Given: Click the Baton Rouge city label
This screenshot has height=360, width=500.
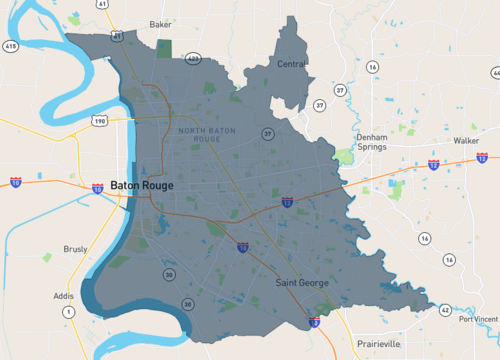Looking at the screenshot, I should tap(142, 186).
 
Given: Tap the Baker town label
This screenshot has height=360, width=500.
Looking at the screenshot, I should tap(160, 24).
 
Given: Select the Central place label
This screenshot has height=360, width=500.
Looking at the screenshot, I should tap(292, 64).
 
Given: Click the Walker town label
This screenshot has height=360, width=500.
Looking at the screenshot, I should tap(466, 141).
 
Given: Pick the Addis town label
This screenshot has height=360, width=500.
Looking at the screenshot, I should tap(63, 297).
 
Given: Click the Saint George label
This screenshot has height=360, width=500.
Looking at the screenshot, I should tap(302, 283).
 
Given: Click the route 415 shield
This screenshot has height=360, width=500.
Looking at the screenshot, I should tap(10, 46).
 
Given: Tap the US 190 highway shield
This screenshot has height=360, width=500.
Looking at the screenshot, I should tap(100, 120).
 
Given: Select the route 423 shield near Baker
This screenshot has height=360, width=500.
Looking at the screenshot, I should tap(193, 59).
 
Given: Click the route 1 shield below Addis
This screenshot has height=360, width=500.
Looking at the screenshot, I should tap(69, 313).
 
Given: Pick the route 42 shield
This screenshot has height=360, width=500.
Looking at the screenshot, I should tap(444, 310).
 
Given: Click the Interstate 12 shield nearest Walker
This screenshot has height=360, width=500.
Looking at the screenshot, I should tap(482, 158).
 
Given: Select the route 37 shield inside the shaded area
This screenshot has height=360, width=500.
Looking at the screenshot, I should tap(267, 133).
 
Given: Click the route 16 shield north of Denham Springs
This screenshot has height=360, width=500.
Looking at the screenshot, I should tap(372, 67).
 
